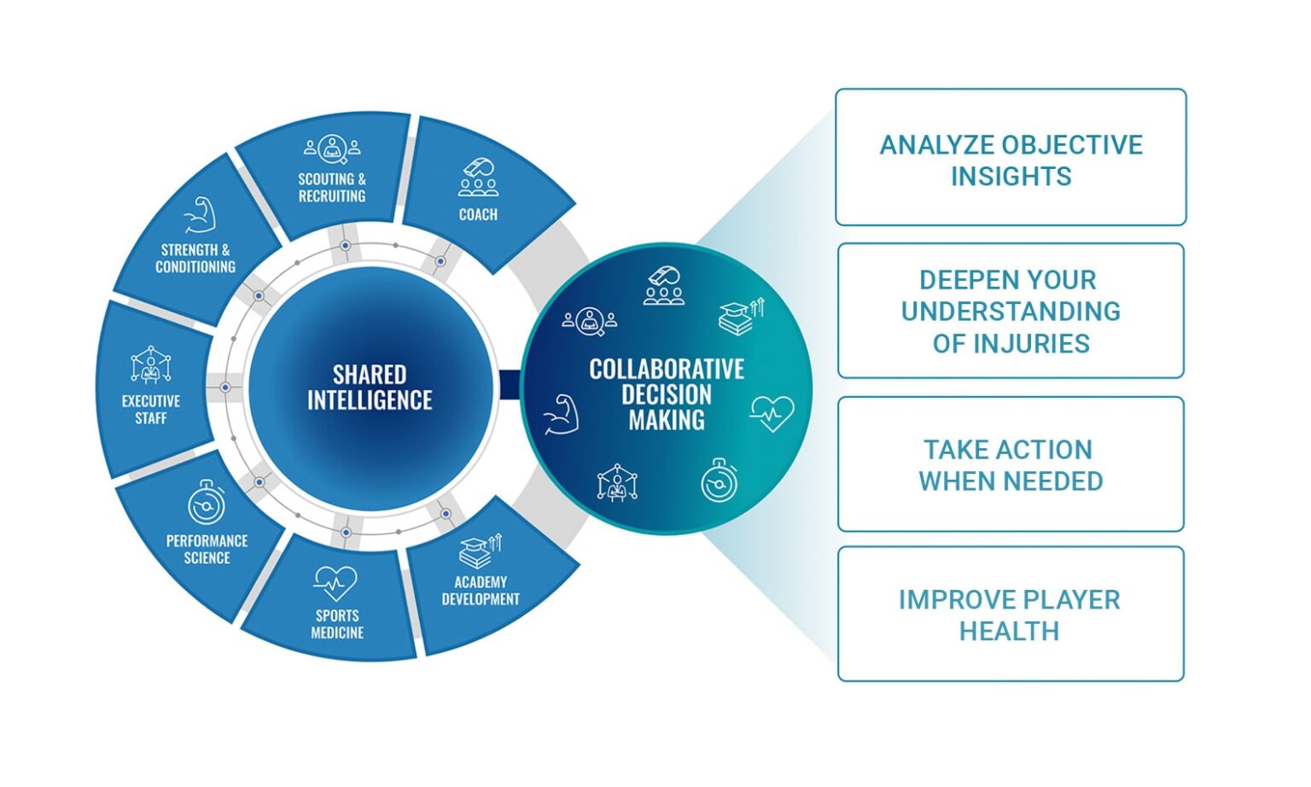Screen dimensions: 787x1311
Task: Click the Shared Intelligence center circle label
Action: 370,388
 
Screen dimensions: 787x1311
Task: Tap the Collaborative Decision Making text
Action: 667,394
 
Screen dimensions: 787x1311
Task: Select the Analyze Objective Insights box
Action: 1011,158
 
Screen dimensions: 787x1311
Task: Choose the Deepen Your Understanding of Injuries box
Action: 1011,312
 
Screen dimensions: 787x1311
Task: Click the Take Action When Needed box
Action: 1011,464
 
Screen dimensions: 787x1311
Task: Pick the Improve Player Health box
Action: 1011,615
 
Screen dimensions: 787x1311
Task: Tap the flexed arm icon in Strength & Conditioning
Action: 200,215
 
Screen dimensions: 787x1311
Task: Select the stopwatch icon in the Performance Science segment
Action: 207,503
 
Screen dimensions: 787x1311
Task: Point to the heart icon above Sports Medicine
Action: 335,584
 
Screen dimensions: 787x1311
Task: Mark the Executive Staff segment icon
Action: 151,365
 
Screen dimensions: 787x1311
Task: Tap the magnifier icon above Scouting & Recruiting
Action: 332,149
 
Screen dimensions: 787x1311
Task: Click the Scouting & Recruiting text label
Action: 332,188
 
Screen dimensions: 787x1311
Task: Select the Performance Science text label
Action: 207,550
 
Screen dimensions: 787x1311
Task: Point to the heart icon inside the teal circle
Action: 772,413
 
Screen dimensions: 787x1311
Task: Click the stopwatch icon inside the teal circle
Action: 720,481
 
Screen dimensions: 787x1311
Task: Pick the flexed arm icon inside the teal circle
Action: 562,415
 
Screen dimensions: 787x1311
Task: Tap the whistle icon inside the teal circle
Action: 664,286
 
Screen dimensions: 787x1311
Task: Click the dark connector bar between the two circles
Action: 510,384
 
